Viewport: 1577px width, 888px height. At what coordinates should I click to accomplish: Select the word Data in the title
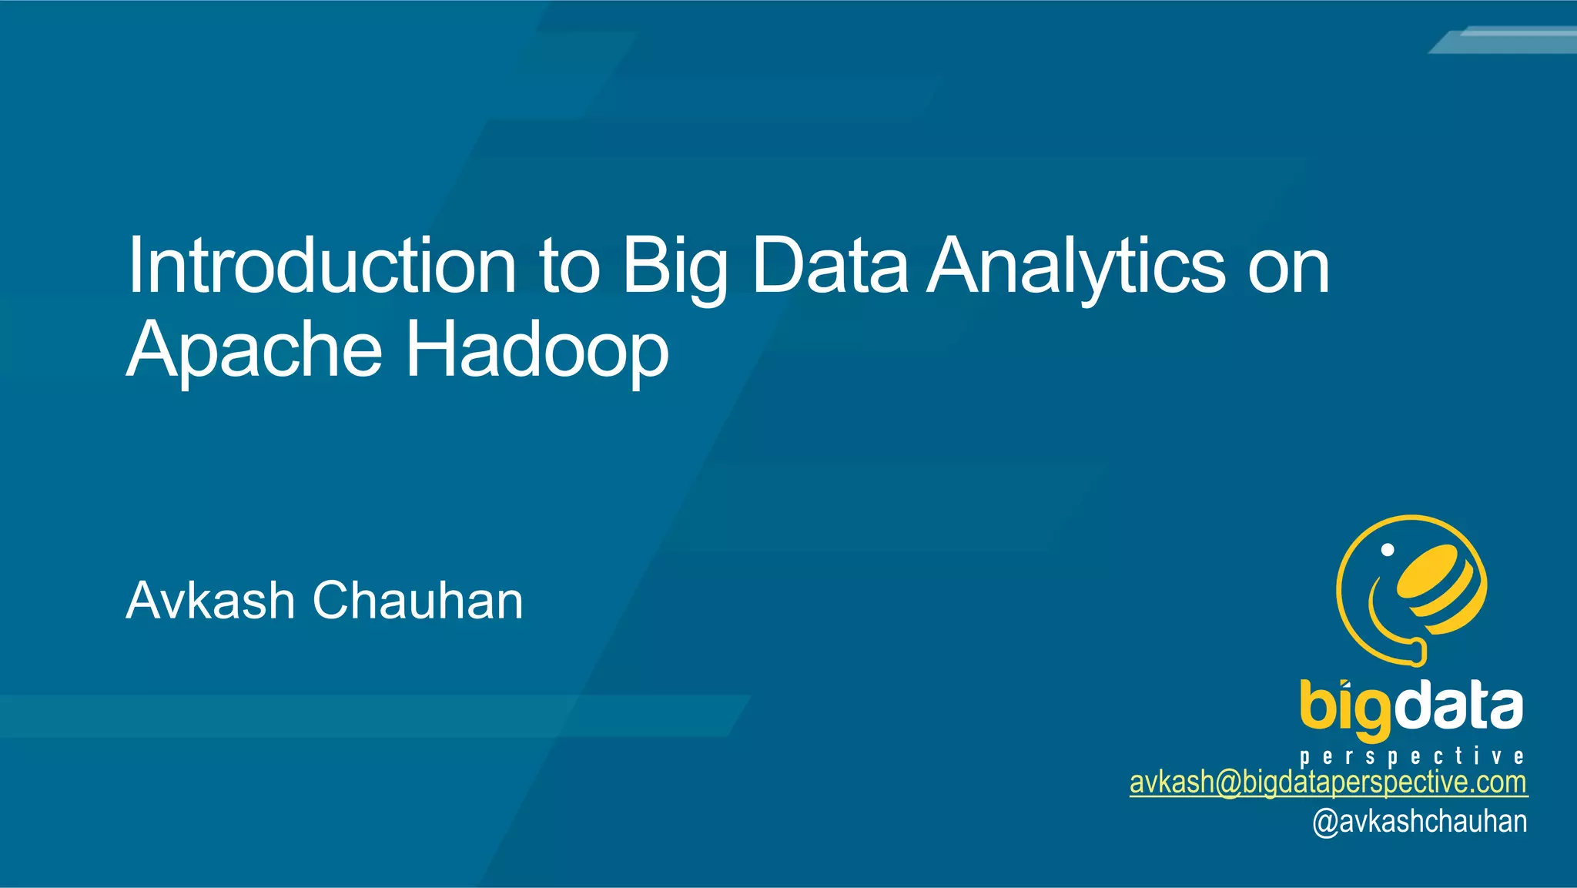coord(830,266)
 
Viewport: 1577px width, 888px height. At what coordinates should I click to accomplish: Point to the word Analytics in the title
coord(1076,267)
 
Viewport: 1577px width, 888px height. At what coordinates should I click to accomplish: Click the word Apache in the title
coord(254,350)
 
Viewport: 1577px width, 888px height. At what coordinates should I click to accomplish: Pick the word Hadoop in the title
coord(537,350)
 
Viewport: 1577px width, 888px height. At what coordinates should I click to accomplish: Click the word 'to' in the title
coord(570,267)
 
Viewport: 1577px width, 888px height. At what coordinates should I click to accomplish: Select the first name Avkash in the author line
coord(210,601)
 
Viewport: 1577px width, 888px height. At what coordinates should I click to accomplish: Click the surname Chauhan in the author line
coord(418,601)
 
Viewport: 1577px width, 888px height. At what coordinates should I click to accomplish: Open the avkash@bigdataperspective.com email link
coord(1328,782)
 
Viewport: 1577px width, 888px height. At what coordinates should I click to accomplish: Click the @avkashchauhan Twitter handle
coord(1419,822)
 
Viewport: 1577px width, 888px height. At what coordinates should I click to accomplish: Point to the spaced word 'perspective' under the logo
coord(1411,756)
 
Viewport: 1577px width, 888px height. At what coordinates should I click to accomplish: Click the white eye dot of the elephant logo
coord(1388,550)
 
